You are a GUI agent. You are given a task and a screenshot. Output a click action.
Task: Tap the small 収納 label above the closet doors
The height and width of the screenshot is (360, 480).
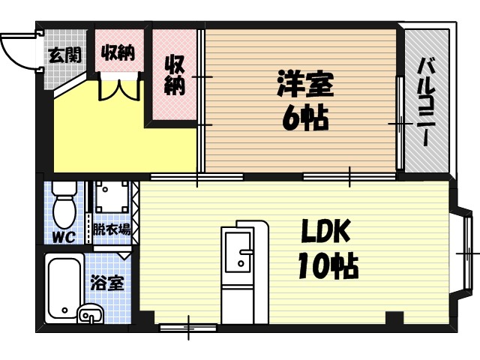click(118, 52)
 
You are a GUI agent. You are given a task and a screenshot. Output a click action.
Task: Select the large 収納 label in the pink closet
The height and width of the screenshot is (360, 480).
click(175, 75)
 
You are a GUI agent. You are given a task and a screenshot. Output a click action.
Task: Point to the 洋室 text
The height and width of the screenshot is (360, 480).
click(304, 83)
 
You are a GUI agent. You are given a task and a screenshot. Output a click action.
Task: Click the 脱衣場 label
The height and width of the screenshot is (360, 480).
click(112, 229)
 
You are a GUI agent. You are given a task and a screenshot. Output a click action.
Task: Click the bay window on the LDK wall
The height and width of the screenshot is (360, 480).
click(465, 255)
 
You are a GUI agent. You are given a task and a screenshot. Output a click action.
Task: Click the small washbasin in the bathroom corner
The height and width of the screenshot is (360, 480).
click(91, 313)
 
